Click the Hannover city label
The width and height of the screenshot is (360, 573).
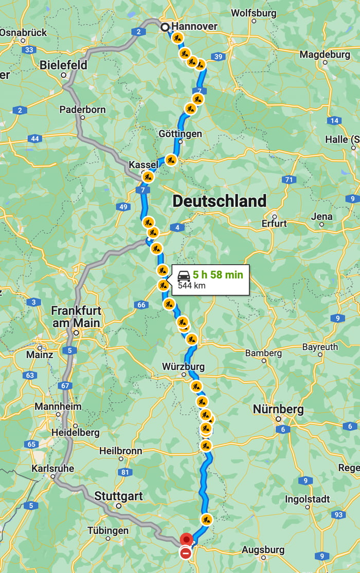tap(194, 26)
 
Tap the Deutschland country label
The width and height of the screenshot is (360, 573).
tap(220, 201)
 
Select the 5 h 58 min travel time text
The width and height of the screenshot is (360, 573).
tap(218, 275)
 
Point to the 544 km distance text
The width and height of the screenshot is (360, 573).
tap(191, 285)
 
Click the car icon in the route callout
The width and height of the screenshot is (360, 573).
tap(184, 276)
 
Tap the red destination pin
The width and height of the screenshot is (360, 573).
tap(186, 539)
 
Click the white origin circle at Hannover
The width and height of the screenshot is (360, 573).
tap(165, 27)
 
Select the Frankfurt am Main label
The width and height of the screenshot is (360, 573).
tap(76, 317)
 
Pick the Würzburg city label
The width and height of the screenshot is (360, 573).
tap(183, 367)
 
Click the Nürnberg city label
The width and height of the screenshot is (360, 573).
tap(278, 409)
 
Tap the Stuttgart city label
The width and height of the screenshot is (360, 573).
tap(118, 497)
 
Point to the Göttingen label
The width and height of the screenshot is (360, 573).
tap(180, 134)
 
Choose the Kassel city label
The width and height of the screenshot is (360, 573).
tap(143, 164)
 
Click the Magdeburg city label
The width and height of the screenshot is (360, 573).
tap(325, 54)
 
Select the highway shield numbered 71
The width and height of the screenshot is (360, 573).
tap(289, 180)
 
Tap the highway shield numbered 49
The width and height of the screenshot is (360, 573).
tap(123, 207)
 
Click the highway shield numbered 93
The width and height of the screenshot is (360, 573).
tap(338, 514)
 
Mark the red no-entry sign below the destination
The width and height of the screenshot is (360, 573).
tap(186, 553)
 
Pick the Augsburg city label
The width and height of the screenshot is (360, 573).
tap(263, 550)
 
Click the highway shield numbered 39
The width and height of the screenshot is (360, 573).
tap(218, 57)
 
